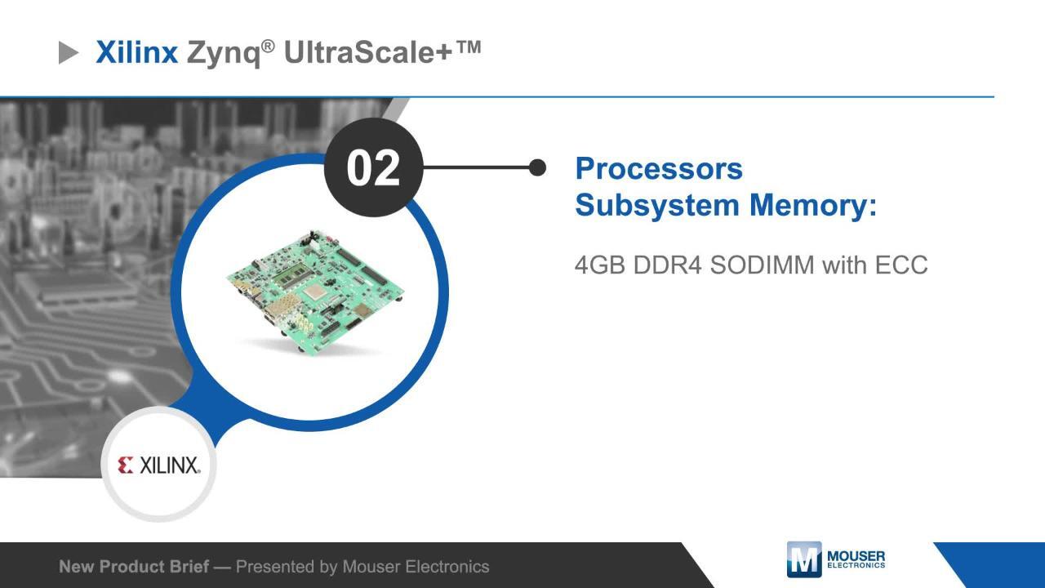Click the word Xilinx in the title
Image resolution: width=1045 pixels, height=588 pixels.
(x=136, y=53)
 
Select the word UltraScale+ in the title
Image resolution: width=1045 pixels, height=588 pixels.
(x=370, y=53)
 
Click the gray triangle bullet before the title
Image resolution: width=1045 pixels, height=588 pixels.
(x=69, y=54)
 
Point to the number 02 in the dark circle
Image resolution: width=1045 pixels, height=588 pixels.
(x=373, y=168)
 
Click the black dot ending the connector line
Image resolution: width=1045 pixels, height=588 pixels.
(x=537, y=167)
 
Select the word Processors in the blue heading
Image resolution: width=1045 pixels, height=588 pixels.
(x=659, y=169)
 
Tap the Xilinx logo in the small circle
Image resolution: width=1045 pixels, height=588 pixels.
(x=159, y=465)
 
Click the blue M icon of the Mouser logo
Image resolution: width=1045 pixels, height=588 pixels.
(x=803, y=559)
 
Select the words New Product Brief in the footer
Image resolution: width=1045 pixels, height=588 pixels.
(x=133, y=567)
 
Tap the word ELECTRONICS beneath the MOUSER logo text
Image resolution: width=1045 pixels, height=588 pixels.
(x=856, y=565)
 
